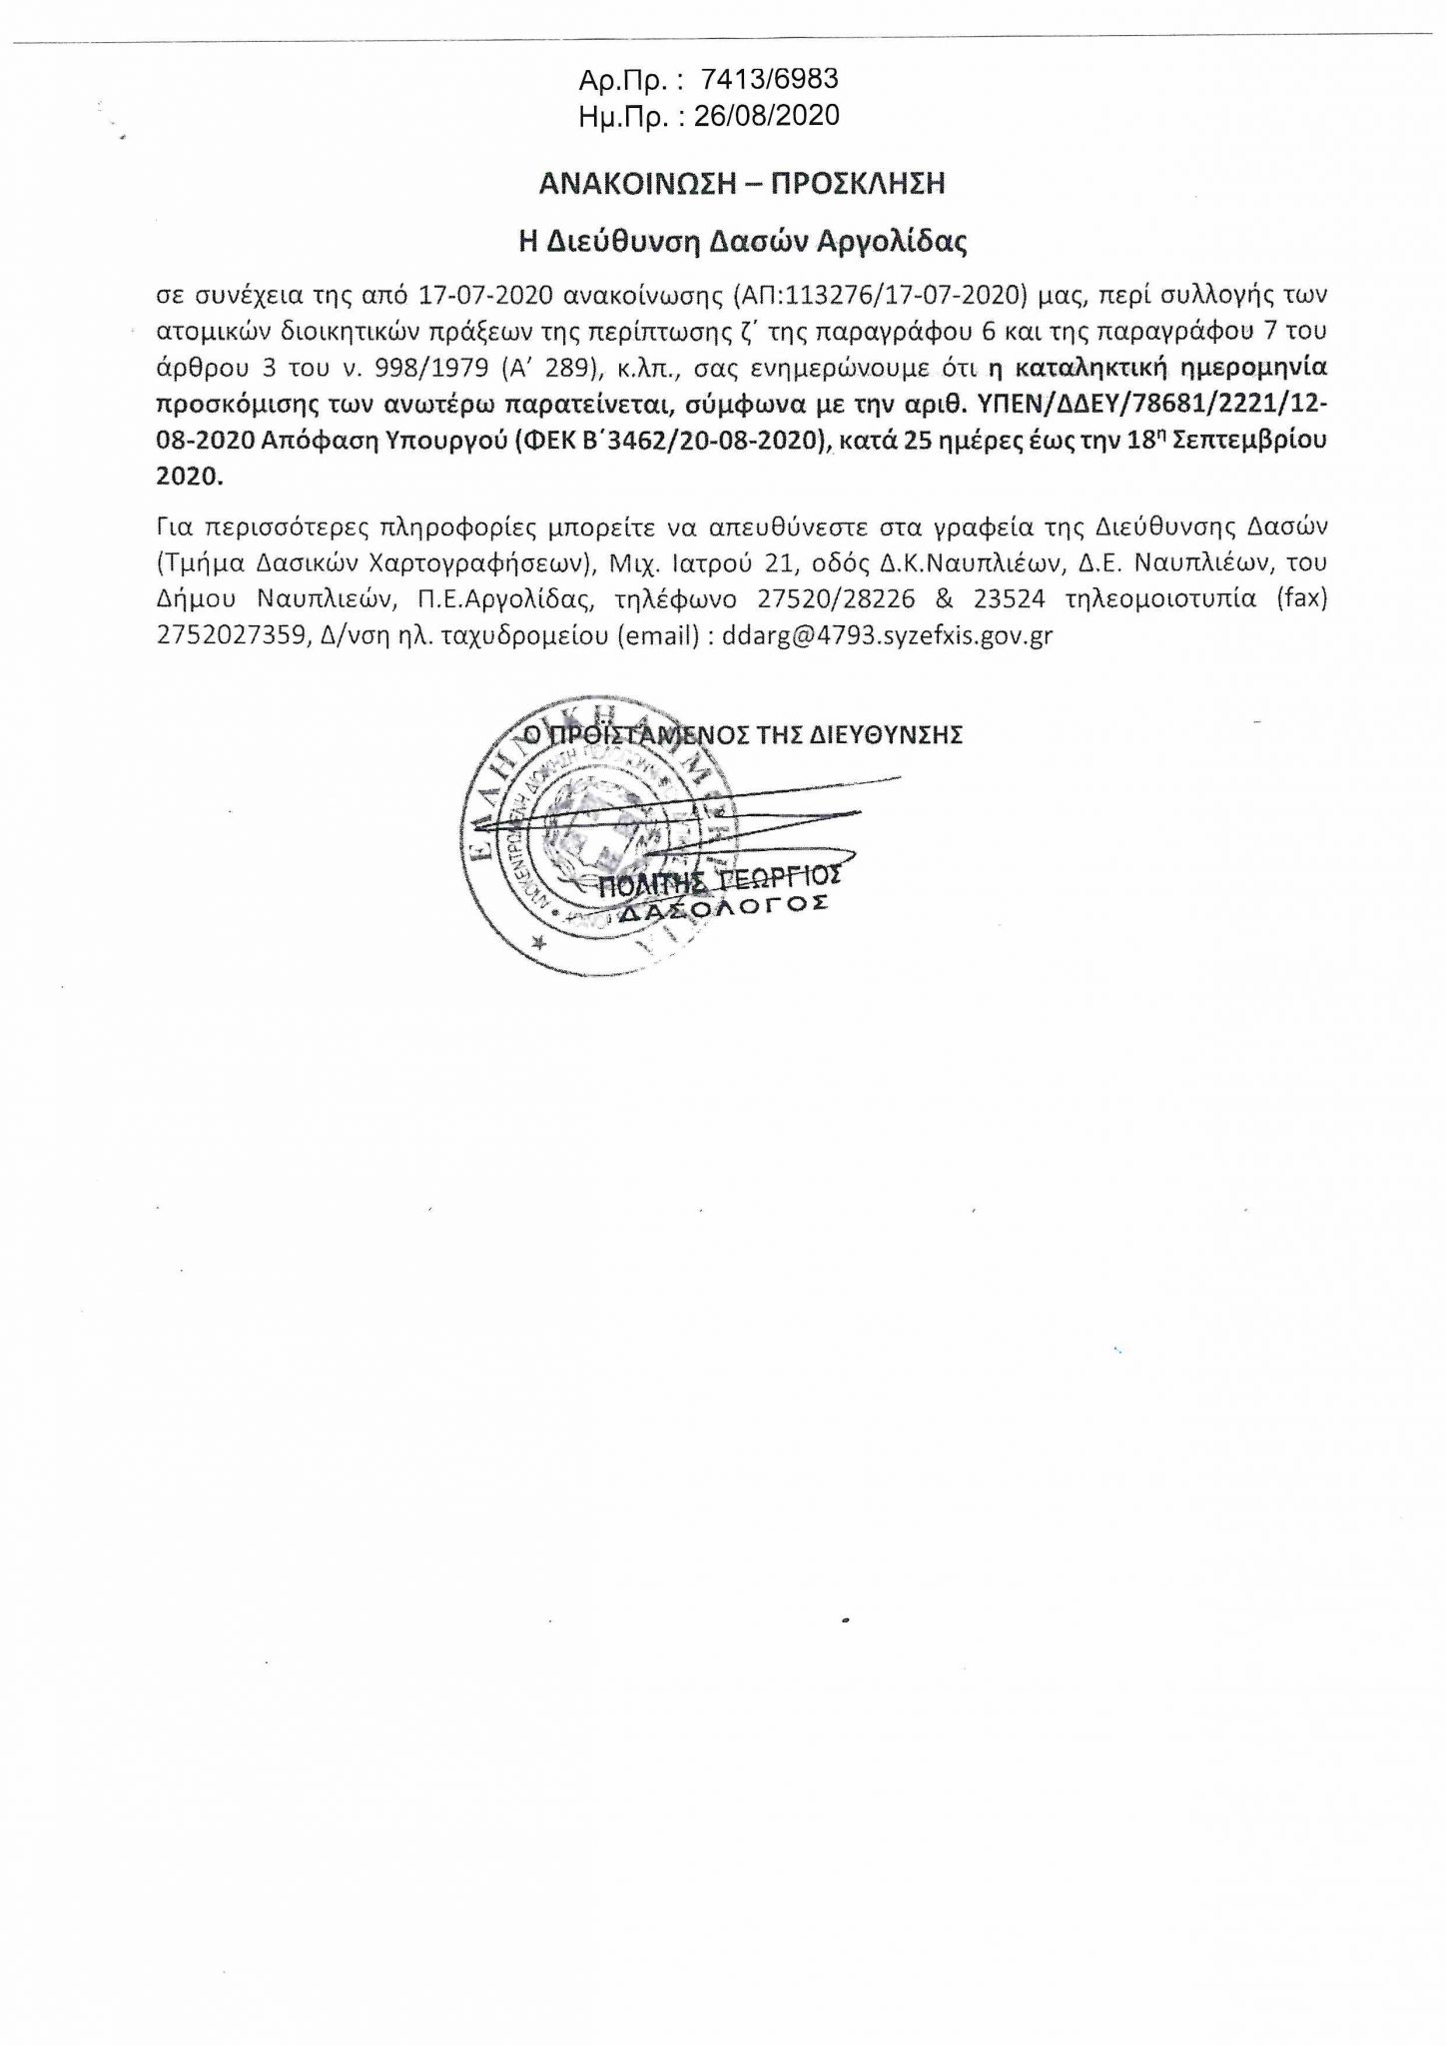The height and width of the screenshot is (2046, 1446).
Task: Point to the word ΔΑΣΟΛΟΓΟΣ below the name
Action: (725, 904)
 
